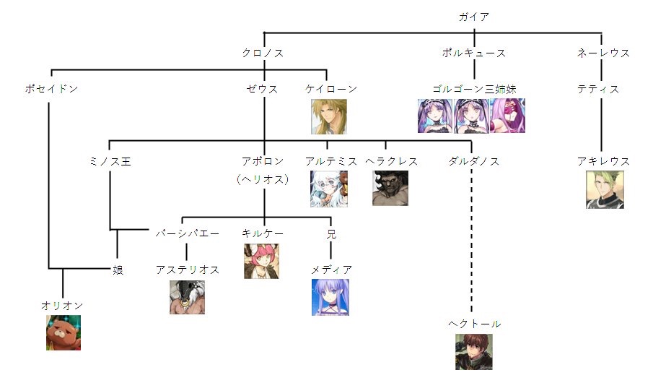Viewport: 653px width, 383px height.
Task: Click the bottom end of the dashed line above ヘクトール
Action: (471, 312)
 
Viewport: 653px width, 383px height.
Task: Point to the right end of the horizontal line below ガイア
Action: (602, 33)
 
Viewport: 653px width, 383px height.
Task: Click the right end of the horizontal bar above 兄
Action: (331, 217)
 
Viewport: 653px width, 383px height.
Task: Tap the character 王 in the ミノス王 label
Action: (126, 161)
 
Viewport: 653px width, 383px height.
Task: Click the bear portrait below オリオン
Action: (63, 332)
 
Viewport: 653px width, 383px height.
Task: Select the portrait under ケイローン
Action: (328, 116)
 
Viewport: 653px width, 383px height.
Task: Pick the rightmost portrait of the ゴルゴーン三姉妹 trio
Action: (508, 116)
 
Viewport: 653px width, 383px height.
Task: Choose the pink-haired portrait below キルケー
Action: (261, 261)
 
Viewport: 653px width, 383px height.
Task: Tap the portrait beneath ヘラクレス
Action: (390, 188)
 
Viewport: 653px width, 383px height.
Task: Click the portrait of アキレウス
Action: (605, 189)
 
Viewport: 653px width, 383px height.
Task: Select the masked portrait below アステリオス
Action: (187, 296)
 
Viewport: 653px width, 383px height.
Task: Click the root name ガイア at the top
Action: (474, 17)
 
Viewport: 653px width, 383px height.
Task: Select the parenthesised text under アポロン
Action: (263, 179)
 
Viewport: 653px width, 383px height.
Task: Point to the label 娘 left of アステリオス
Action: (118, 270)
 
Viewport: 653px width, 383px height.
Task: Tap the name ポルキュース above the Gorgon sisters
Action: (473, 53)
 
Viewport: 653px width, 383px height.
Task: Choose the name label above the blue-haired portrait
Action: (331, 270)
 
